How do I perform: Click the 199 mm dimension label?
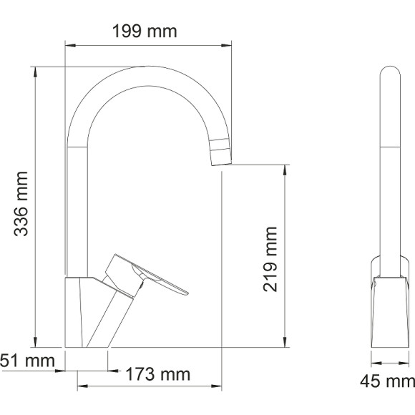coord(145,31)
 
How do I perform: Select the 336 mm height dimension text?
coord(22,205)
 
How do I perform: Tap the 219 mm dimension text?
coord(270,258)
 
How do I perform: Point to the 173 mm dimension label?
coord(158,374)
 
